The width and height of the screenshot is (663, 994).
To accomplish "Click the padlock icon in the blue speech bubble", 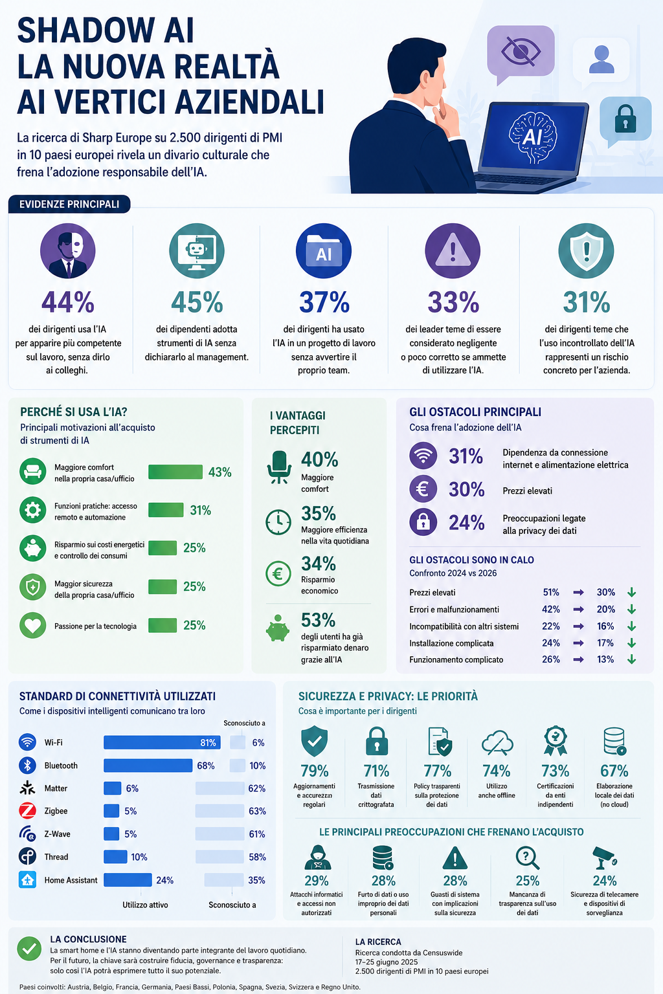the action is [x=625, y=119].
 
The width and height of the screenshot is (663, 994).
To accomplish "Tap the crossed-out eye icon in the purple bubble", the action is [x=521, y=51].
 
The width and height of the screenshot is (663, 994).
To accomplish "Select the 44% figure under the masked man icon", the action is [x=68, y=302].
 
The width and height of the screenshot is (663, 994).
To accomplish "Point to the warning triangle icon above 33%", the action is [x=453, y=250].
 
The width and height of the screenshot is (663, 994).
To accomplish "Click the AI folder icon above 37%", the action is [x=324, y=250].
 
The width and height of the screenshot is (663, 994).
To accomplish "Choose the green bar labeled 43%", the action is [x=175, y=472].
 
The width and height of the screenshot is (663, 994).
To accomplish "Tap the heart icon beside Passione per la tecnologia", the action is [x=33, y=625].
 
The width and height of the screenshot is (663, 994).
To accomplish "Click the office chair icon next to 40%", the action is [x=279, y=467].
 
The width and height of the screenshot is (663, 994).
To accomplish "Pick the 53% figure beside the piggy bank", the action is [x=318, y=620].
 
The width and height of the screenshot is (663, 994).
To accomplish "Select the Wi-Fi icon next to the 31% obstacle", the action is [x=423, y=456].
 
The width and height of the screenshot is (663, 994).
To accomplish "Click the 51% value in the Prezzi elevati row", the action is [x=550, y=592].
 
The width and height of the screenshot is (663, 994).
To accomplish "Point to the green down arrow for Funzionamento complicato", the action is [x=631, y=659].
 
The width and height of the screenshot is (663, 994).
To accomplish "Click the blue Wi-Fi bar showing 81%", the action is [x=162, y=742].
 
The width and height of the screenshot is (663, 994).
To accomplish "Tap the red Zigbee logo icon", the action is [x=28, y=811].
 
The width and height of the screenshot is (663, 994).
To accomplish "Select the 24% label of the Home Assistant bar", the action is [x=164, y=880].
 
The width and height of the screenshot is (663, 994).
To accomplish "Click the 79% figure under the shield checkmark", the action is [x=315, y=771].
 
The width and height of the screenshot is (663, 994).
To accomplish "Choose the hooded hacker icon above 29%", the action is [x=317, y=857].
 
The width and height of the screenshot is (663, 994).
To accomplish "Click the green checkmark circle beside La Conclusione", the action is [x=29, y=949].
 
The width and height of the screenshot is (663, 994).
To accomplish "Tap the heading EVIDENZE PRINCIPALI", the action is [x=69, y=204].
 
